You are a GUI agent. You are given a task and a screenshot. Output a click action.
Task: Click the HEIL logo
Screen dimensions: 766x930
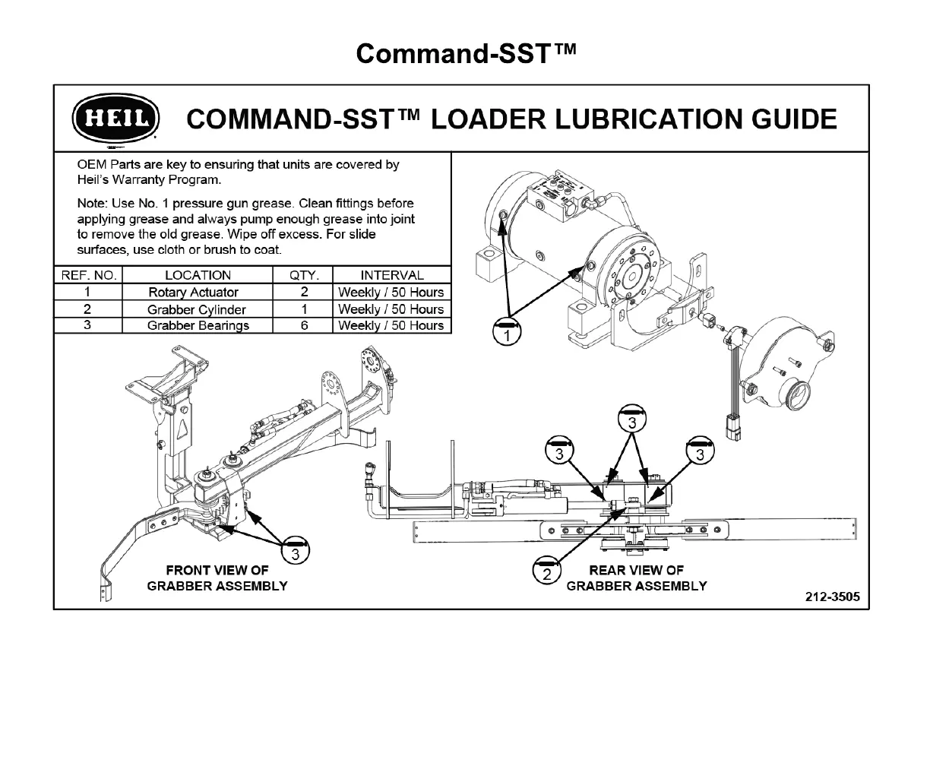coord(115,120)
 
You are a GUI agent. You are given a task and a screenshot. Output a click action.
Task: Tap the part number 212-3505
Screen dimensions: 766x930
coord(833,597)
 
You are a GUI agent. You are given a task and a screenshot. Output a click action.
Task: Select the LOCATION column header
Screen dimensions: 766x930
coord(198,275)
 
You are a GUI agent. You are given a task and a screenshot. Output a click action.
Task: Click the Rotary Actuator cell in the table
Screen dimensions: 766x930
coord(193,293)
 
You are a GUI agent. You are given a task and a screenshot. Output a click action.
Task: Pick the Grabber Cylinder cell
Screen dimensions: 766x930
coord(197,309)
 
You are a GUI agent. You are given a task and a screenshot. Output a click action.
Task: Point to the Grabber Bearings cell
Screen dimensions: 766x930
coord(198,325)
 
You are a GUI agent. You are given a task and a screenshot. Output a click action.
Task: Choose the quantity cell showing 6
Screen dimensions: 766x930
coord(303,325)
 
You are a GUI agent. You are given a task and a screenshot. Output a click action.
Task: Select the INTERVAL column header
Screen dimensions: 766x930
coord(392,275)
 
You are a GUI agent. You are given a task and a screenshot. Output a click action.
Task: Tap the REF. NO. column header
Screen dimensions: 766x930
coord(88,275)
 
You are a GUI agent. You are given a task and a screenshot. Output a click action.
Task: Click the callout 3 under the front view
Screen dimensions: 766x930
coord(296,552)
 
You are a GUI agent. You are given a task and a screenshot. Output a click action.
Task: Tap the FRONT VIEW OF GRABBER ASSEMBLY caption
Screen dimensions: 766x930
coord(217,578)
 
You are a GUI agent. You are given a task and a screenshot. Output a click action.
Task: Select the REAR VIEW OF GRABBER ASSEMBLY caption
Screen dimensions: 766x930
coord(637,578)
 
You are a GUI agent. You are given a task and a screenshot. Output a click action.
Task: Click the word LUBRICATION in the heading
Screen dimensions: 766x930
coord(589,119)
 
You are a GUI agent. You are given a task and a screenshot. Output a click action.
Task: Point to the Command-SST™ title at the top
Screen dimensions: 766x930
coord(466,53)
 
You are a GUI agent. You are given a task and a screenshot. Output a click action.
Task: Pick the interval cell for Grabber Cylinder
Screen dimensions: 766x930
coord(391,309)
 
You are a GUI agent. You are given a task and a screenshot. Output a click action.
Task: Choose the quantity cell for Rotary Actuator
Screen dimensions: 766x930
coord(303,293)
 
